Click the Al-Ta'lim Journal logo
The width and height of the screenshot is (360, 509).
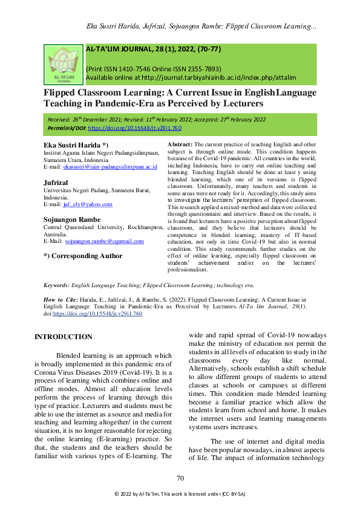[63, 63]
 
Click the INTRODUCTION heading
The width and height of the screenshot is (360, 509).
[64, 336]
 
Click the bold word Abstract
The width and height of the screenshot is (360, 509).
[178, 146]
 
